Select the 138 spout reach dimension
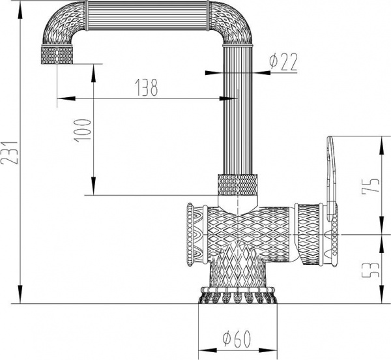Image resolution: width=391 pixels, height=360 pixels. [x=146, y=89]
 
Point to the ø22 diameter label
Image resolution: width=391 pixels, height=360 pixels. [x=283, y=62]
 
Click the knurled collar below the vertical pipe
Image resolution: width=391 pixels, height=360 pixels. [x=237, y=185]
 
